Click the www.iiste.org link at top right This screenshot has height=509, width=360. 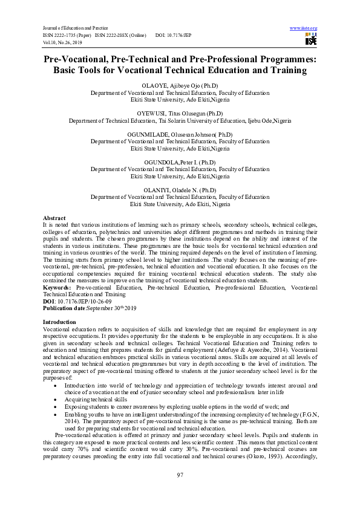(x=304, y=28)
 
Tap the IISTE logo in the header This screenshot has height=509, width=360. (x=311, y=40)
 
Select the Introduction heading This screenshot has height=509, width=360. (x=59, y=322)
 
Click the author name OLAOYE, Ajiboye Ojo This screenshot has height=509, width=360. (x=180, y=86)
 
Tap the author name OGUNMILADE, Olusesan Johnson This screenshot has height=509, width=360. (x=180, y=134)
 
